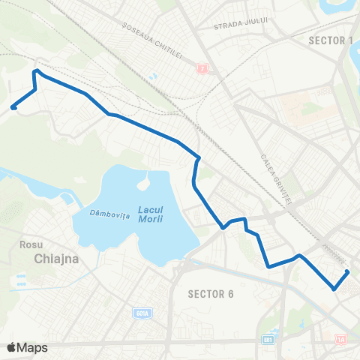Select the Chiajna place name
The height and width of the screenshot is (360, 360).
pos(57,259)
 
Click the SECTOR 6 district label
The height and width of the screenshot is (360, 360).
pos(211,292)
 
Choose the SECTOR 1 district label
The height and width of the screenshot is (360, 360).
pos(330,40)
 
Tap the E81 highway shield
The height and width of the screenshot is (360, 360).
pos(268,339)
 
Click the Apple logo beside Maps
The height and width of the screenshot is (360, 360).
pos(11,347)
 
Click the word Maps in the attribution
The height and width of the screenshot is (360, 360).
pos(32,347)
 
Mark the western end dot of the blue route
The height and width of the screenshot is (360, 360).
pos(13,108)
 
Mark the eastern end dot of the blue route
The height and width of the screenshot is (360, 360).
pos(347,271)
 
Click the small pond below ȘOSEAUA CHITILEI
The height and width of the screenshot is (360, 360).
pos(154,76)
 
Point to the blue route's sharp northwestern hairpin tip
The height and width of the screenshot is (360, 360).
pos(35,71)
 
